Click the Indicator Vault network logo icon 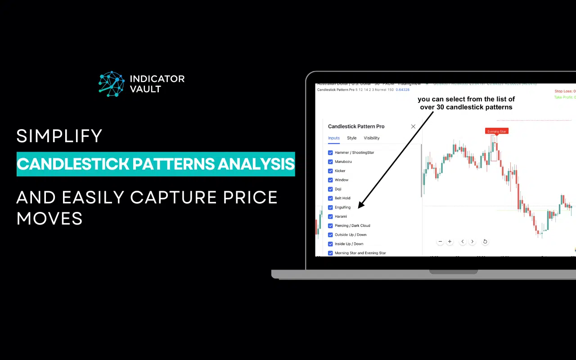click(x=112, y=84)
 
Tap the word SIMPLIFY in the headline click(x=59, y=136)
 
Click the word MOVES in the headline click(x=49, y=219)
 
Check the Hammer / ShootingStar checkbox click(x=330, y=153)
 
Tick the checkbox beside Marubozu click(x=330, y=162)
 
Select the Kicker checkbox click(x=330, y=171)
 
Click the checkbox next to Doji click(x=330, y=189)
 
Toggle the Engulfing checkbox click(x=330, y=207)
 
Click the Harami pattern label click(x=341, y=216)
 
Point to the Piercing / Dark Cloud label click(x=352, y=225)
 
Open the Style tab click(x=351, y=138)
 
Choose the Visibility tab click(x=372, y=138)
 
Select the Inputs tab click(x=334, y=138)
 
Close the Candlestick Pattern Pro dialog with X click(x=413, y=126)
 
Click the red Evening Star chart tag click(x=497, y=131)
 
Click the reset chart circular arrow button click(x=485, y=242)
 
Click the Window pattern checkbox click(x=330, y=180)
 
